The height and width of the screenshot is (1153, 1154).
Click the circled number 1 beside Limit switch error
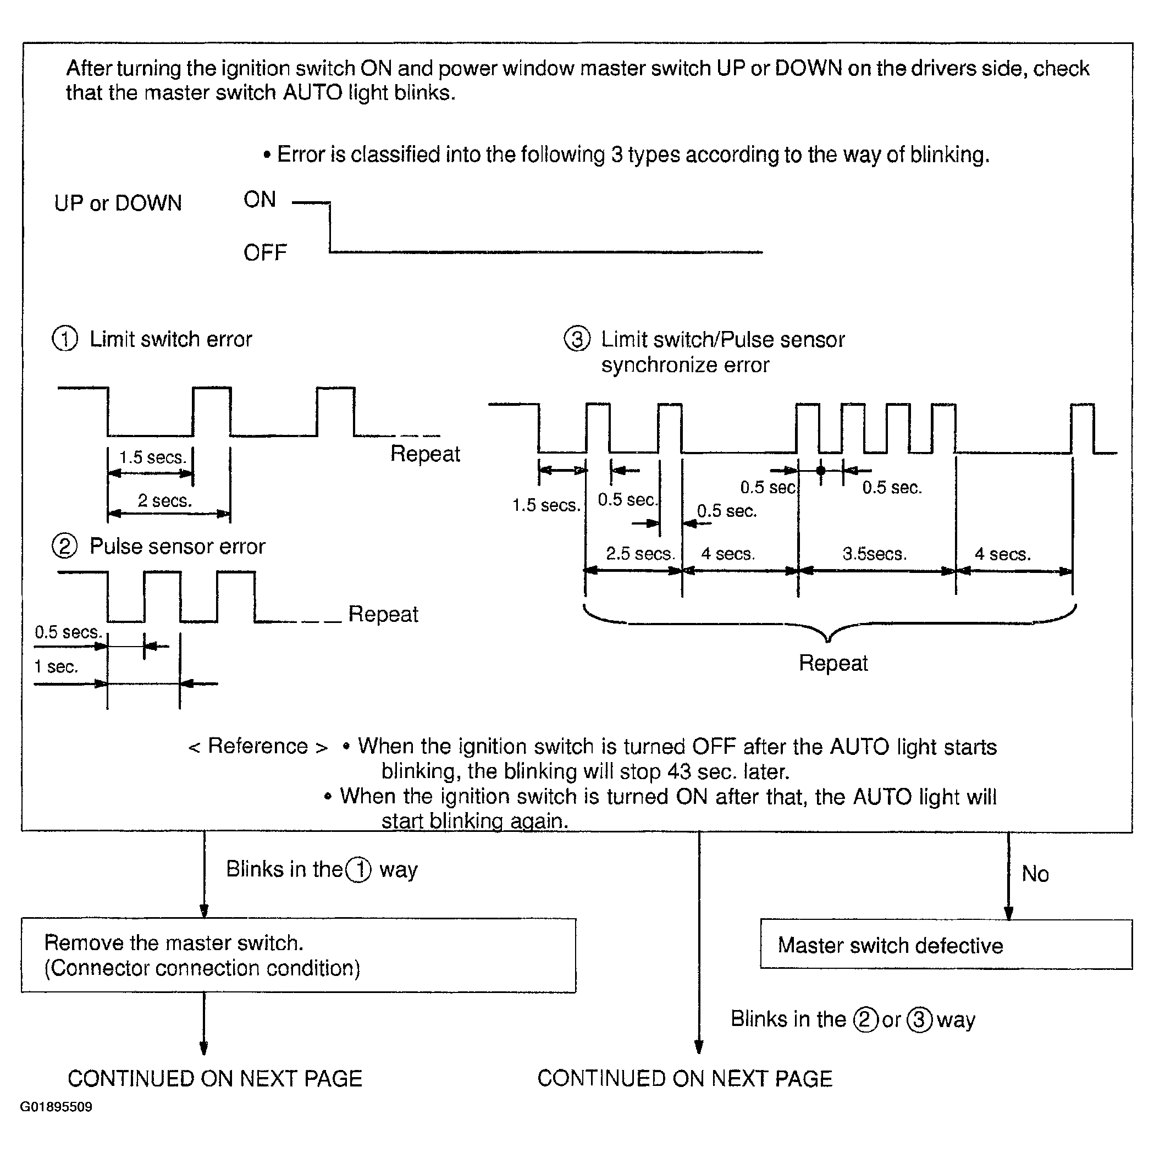pyautogui.click(x=64, y=339)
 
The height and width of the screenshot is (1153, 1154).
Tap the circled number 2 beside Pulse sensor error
pyautogui.click(x=64, y=546)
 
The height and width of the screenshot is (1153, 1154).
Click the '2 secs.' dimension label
pyautogui.click(x=165, y=501)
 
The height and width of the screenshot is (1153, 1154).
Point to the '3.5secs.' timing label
pyautogui.click(x=875, y=554)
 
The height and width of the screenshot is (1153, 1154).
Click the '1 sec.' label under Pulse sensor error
pyautogui.click(x=56, y=667)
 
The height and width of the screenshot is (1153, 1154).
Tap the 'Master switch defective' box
pyautogui.click(x=946, y=945)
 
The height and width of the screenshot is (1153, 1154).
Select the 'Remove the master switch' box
pyautogui.click(x=298, y=955)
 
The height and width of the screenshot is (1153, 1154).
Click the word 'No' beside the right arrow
pyautogui.click(x=1035, y=874)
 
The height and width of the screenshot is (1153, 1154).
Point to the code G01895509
pyautogui.click(x=56, y=1106)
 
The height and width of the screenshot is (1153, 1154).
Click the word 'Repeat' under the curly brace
pyautogui.click(x=833, y=663)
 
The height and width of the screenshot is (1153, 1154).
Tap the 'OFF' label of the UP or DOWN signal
pyautogui.click(x=265, y=253)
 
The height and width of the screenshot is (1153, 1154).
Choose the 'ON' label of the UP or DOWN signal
pyautogui.click(x=260, y=200)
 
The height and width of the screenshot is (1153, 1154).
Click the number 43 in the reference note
pyautogui.click(x=679, y=771)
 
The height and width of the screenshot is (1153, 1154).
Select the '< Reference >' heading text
pyautogui.click(x=258, y=746)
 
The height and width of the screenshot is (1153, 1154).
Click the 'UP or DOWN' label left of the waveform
pyautogui.click(x=118, y=203)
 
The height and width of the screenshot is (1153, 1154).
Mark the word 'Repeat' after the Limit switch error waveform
pyautogui.click(x=426, y=454)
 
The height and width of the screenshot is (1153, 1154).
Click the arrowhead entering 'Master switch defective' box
pyautogui.click(x=1008, y=913)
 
